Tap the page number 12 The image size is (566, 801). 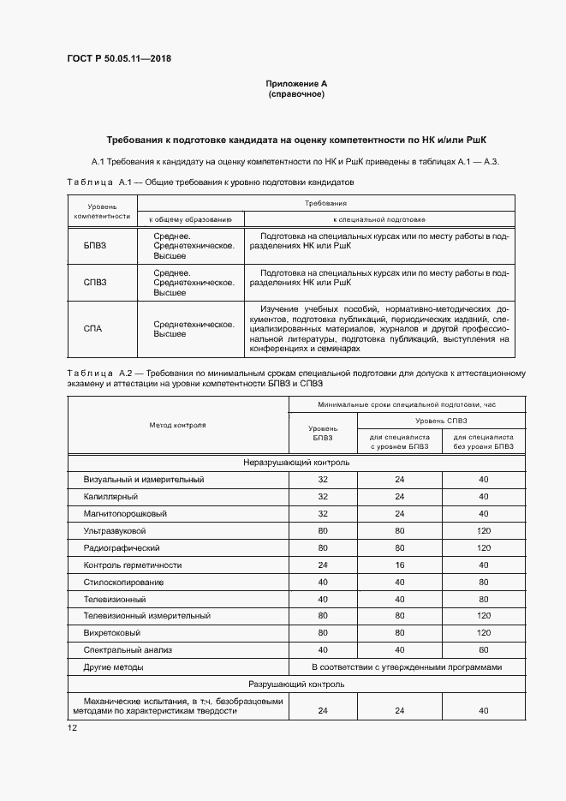coord(72,727)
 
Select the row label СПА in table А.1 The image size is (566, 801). coord(94,329)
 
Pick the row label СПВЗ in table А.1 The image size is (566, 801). coord(95,282)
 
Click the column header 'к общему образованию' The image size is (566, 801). coord(191,220)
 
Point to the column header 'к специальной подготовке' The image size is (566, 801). coord(380,220)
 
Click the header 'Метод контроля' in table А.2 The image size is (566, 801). coord(177,425)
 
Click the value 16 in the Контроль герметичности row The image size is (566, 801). coord(399,565)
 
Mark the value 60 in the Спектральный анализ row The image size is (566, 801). coord(484,649)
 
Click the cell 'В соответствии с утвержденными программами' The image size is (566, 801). coord(406,667)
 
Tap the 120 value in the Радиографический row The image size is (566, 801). coord(484,548)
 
